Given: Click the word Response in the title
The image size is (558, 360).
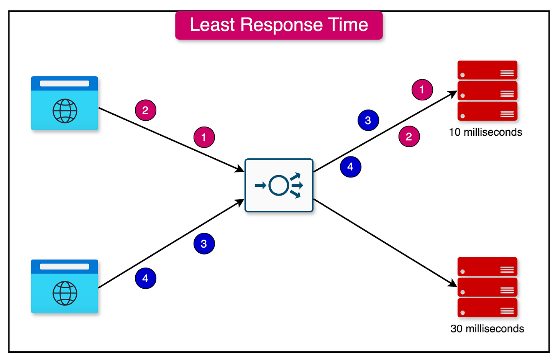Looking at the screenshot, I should (281, 25).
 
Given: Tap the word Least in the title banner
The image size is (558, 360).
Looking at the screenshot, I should (212, 25).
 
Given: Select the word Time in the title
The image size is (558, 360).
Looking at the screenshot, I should (348, 25).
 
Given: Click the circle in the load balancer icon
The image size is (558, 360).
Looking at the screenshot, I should (279, 186).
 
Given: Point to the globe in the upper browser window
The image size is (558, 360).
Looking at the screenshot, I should (65, 111).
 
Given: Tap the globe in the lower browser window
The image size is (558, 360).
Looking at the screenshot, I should (65, 293).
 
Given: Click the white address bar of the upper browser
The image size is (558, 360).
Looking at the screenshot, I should (64, 83).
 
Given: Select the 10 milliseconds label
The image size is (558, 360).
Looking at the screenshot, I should (485, 132).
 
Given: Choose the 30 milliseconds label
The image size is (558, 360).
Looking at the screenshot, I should (487, 329).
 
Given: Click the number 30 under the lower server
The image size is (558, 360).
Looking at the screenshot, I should (456, 329).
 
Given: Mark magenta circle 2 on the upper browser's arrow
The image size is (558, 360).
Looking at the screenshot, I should (146, 110).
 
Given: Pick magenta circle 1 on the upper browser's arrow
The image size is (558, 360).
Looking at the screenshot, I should (204, 137).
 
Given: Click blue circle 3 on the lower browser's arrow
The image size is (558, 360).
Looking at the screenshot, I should (204, 244).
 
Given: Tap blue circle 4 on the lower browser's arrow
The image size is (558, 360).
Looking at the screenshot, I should (146, 278).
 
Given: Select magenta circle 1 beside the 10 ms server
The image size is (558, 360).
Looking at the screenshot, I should (422, 90).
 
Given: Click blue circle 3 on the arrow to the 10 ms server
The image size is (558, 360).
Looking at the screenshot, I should (368, 120).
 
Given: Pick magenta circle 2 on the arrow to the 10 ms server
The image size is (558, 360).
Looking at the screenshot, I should (409, 136).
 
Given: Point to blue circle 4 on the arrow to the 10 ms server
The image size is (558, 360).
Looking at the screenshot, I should (350, 167).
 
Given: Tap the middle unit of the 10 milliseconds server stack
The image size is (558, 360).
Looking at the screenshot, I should (487, 91).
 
